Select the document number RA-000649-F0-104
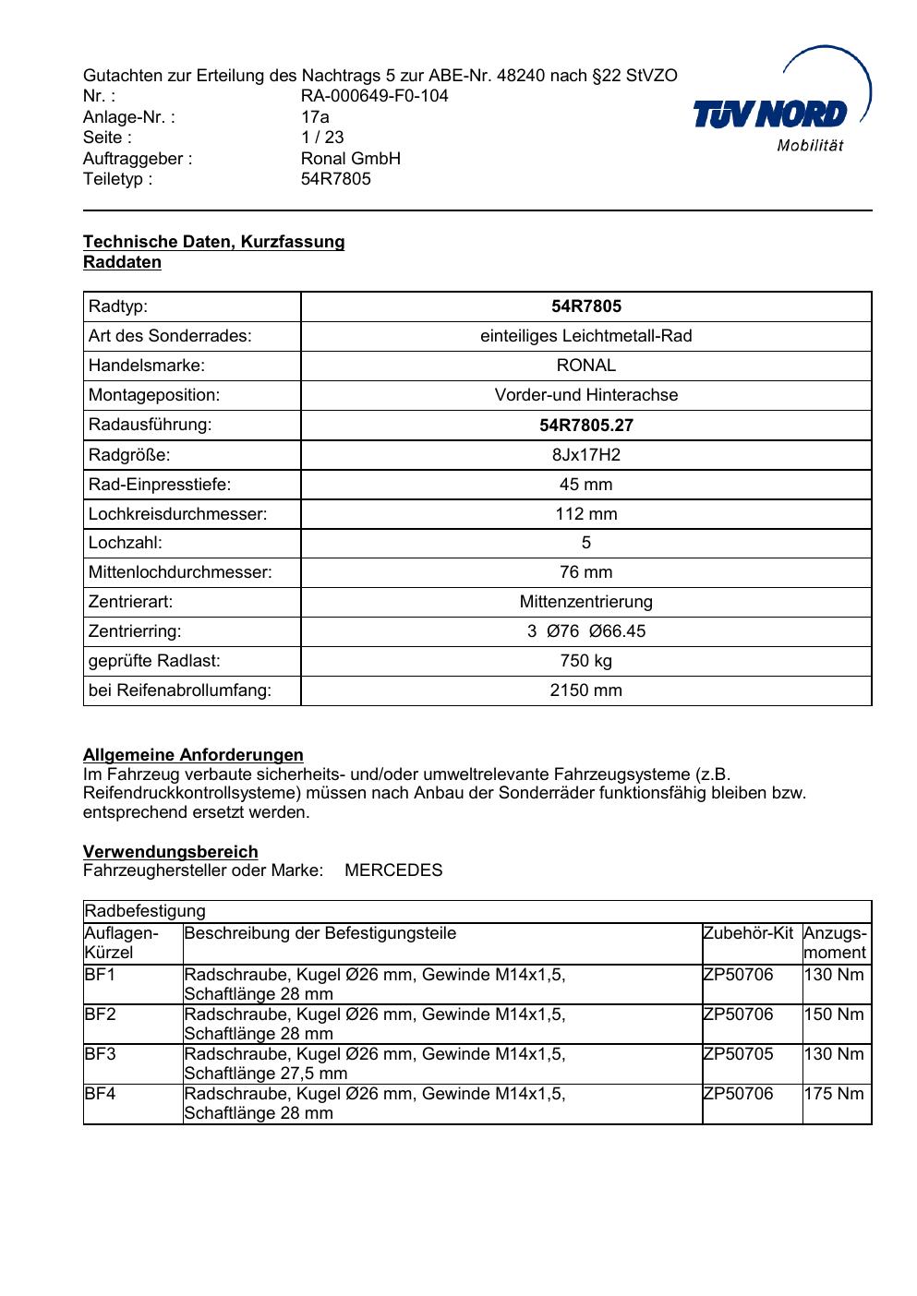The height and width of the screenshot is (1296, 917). (x=374, y=96)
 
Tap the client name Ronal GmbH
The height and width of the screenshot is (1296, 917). (x=350, y=159)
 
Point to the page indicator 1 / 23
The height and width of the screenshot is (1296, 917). (x=322, y=138)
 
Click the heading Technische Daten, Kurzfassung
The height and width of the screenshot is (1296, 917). (x=213, y=242)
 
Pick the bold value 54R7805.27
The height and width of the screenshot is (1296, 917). (x=585, y=426)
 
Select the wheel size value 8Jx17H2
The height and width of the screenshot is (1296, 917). (x=585, y=455)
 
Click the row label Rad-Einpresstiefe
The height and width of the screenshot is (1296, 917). (x=160, y=485)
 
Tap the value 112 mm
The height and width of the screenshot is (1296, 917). (x=585, y=514)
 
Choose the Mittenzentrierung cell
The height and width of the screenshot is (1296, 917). (x=585, y=602)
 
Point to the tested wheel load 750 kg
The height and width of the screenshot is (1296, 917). (x=585, y=661)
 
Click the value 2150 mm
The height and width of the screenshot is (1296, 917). (x=585, y=690)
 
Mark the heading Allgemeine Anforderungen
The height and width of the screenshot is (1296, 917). (x=193, y=755)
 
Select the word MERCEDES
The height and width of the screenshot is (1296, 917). (x=393, y=870)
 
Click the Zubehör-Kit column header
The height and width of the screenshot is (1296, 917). (x=748, y=933)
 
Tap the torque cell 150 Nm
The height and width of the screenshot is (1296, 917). (x=834, y=1014)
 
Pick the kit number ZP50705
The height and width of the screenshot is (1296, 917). (x=738, y=1054)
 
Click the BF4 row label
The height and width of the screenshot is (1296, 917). (x=100, y=1094)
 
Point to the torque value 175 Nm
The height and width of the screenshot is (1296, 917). (x=834, y=1094)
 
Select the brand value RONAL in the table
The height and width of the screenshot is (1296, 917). (x=585, y=366)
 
